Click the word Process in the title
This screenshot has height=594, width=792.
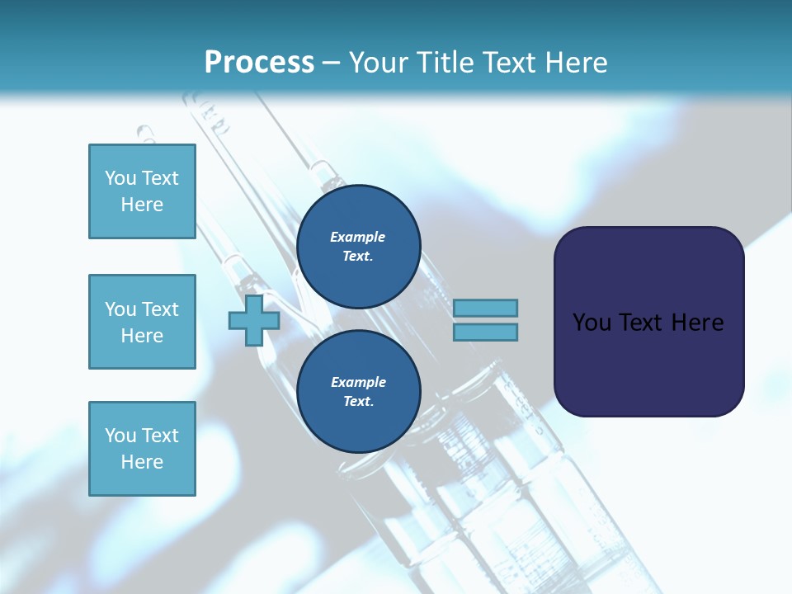tap(259, 63)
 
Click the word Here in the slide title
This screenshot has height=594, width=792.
tap(575, 63)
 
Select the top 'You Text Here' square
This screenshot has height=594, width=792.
tap(142, 191)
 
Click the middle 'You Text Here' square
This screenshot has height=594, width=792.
tap(142, 322)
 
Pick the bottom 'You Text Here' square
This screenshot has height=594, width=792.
tap(142, 449)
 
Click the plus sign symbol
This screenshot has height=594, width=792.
tap(254, 321)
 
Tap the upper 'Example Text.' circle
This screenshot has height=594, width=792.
tap(358, 247)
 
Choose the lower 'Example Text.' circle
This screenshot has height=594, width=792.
tap(358, 392)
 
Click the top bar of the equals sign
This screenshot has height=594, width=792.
tap(485, 308)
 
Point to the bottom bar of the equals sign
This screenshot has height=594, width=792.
tap(485, 332)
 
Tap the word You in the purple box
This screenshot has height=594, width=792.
tap(591, 323)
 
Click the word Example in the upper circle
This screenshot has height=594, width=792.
tap(357, 238)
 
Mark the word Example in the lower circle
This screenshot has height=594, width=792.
tap(358, 382)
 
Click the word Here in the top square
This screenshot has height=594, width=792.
tap(142, 205)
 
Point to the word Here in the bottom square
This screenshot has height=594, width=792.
tap(142, 462)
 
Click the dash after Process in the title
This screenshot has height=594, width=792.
tap(332, 64)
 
